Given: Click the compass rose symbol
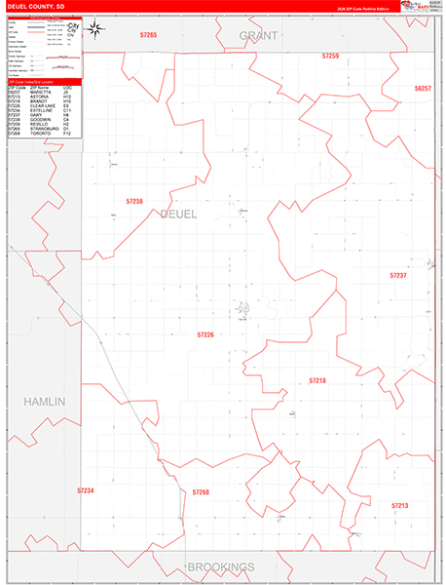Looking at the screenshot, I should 95,28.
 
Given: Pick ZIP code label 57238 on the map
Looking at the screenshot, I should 134,202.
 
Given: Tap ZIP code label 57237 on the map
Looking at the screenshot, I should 397,276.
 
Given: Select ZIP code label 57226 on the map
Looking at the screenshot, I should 204,334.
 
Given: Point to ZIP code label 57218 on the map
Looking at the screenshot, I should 317,379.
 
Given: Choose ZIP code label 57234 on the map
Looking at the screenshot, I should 86,490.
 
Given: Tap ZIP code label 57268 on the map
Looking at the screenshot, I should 201,492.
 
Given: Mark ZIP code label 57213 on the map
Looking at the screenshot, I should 399,506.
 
